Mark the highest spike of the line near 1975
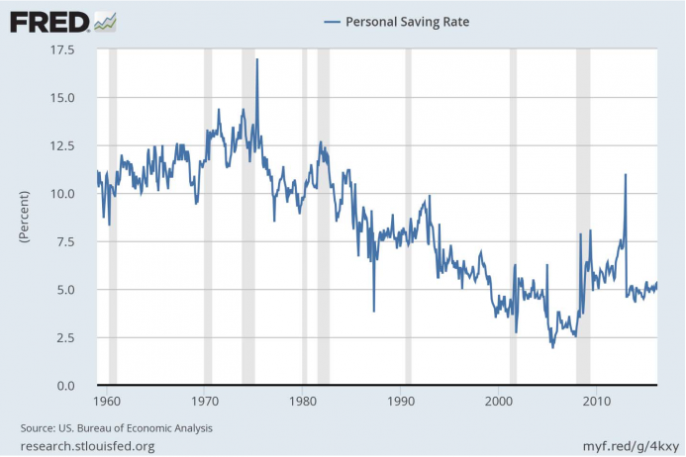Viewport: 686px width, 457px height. [257, 60]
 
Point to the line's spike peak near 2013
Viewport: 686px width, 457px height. [626, 175]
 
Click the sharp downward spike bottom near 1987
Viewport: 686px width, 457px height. [374, 311]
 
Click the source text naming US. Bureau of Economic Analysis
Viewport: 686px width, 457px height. [117, 428]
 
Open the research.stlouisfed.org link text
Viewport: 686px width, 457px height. [87, 446]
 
